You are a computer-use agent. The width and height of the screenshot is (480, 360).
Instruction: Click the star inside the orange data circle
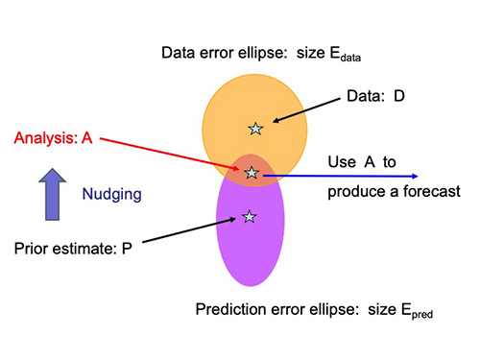255,128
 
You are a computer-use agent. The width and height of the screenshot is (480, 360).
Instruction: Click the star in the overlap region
252,173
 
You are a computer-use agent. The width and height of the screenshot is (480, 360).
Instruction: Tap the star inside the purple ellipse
250,217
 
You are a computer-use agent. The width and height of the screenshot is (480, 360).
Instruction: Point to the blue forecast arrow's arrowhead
413,177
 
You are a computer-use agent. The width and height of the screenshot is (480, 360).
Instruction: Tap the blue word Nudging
111,194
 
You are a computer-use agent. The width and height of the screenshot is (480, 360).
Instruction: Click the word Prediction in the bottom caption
231,309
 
